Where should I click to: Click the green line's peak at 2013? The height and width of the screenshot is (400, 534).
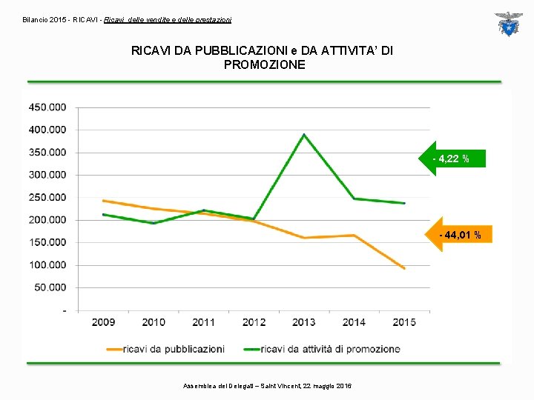(304, 135)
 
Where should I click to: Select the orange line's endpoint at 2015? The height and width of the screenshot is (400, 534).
(404, 268)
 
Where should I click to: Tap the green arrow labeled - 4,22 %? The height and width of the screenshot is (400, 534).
(452, 159)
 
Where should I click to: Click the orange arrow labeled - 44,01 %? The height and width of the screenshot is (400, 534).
(458, 234)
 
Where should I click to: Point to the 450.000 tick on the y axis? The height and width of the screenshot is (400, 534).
(47, 107)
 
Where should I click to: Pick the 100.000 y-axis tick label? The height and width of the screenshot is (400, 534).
(47, 265)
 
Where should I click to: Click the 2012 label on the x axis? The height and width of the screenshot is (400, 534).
(254, 322)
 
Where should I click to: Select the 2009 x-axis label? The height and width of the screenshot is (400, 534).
(103, 322)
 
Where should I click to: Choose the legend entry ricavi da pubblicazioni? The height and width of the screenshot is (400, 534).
(165, 350)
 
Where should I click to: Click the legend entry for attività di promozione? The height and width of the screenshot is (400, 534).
(322, 350)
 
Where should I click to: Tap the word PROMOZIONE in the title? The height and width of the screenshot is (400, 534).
(264, 64)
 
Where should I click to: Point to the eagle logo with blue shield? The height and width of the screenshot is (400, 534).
(509, 24)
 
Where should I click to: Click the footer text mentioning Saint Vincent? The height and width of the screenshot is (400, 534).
(267, 386)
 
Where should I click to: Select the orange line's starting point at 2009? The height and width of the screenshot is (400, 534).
(103, 201)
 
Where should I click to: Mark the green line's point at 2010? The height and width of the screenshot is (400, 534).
(154, 223)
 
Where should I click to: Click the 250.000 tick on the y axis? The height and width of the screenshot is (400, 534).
(47, 198)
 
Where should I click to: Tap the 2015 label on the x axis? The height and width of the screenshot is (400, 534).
(404, 322)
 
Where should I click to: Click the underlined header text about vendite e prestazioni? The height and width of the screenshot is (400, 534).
(168, 20)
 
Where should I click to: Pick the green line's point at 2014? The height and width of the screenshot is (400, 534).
(355, 199)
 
